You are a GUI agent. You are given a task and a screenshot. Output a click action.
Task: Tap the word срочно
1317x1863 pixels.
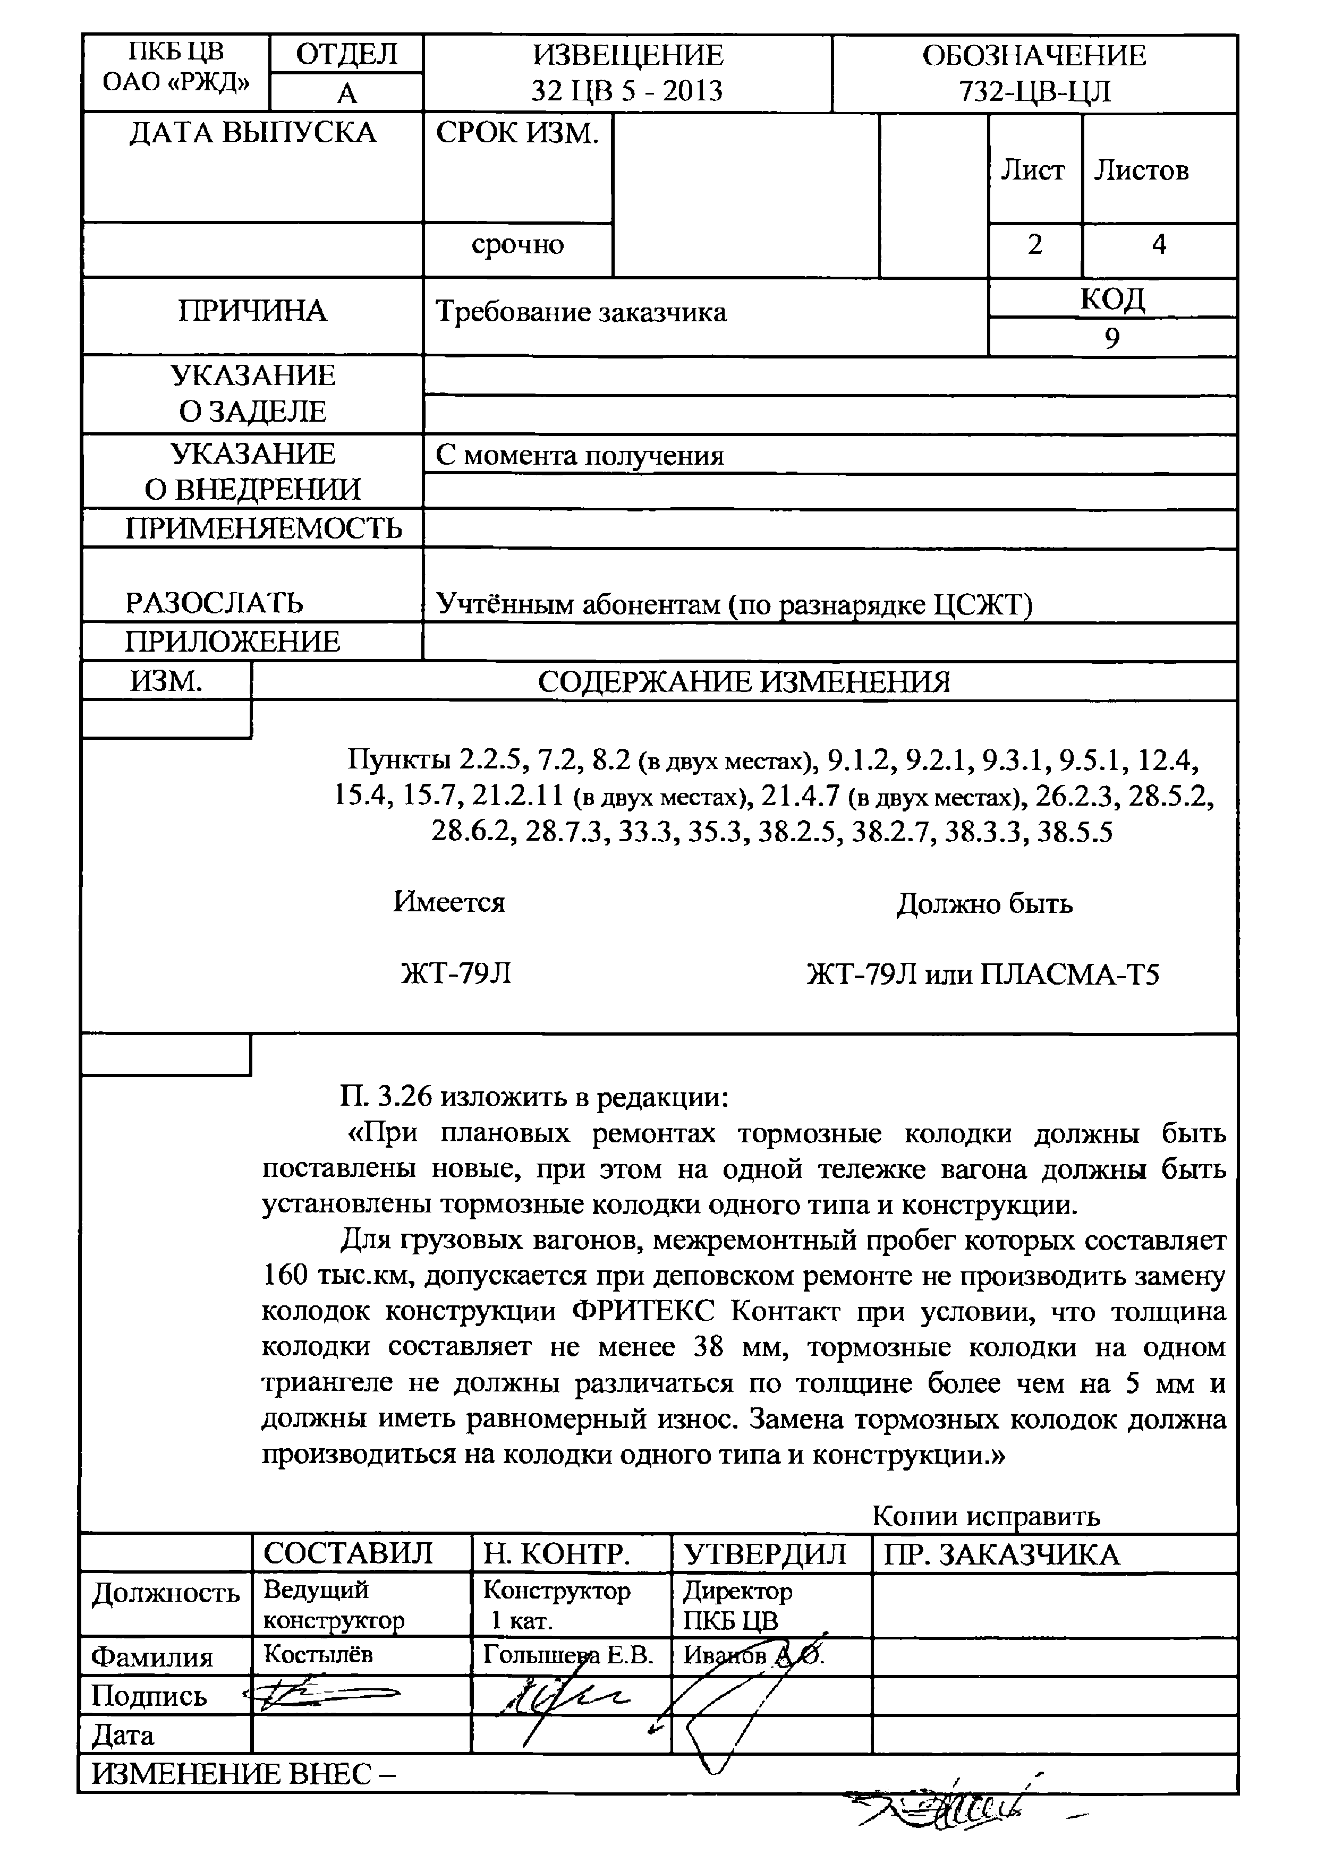pos(517,244)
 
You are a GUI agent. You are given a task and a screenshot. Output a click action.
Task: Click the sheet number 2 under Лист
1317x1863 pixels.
pos(1034,244)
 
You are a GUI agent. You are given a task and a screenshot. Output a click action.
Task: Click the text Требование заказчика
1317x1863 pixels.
pos(581,312)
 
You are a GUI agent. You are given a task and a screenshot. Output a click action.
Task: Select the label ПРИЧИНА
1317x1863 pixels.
pos(252,311)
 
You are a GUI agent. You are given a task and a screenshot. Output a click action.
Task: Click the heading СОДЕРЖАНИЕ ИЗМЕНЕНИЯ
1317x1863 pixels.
pos(743,681)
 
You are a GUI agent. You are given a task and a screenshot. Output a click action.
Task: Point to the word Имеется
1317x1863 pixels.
pos(449,902)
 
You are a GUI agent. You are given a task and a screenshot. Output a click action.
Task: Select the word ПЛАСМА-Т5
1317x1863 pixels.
pos(1069,973)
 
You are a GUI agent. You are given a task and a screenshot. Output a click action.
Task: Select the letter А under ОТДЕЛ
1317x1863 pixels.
pos(346,93)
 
